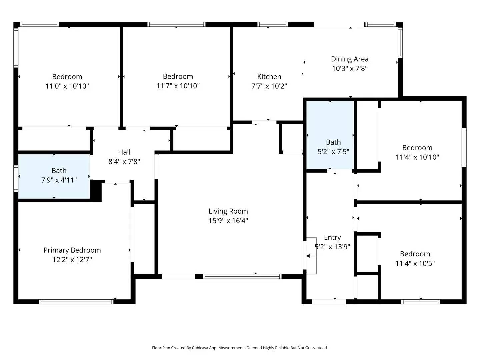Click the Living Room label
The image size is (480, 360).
[x=228, y=211]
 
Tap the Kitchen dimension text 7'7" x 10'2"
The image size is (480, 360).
[x=269, y=86]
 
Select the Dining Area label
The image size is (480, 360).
[x=349, y=59]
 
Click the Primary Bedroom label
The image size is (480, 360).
[x=72, y=250]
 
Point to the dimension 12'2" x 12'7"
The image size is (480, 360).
[x=72, y=260]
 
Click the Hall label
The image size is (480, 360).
[x=124, y=152]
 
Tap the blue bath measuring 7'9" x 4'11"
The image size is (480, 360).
[x=54, y=176]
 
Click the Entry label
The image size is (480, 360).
[x=332, y=237]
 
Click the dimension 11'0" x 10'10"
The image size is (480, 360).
[x=67, y=86]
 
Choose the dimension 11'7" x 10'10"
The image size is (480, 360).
[x=178, y=86]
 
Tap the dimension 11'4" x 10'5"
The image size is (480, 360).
[x=415, y=263]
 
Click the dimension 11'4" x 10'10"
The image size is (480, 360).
[x=417, y=157]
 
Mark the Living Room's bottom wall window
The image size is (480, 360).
[x=242, y=276]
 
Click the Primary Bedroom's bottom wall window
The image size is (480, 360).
[x=76, y=302]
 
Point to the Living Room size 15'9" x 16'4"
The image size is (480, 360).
[x=228, y=221]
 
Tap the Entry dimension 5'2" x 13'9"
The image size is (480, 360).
[x=332, y=247]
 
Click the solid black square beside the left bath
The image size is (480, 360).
[x=96, y=190]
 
